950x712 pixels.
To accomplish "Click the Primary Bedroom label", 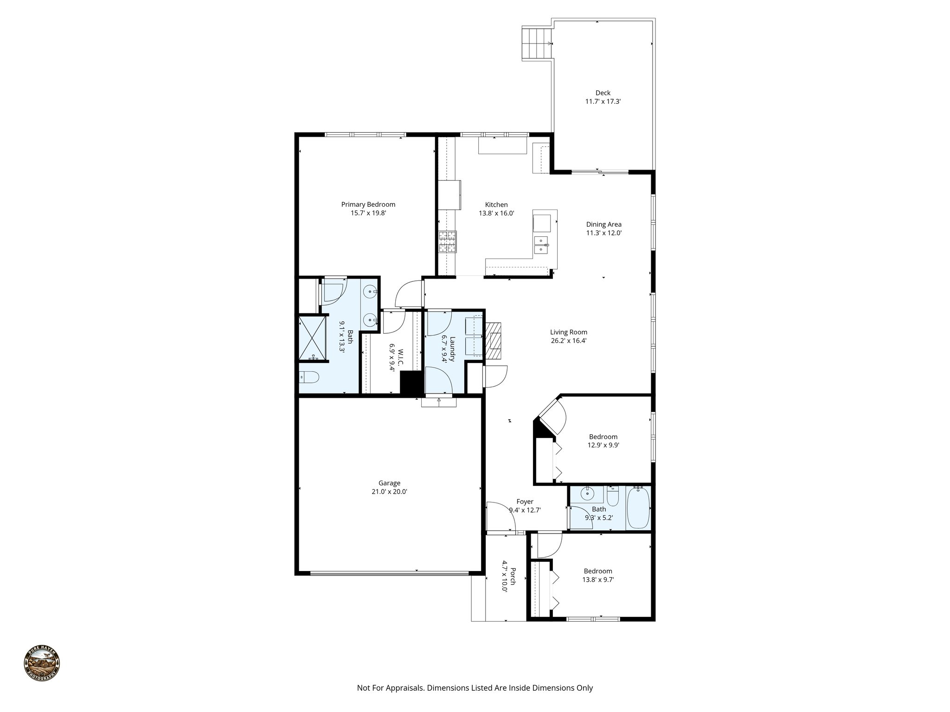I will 368,204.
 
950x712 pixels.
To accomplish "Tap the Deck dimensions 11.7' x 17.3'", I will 603,101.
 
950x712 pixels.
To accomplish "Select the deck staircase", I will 537,44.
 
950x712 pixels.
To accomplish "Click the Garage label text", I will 389,483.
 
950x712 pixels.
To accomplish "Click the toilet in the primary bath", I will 308,378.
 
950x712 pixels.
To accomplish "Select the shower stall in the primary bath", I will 314,338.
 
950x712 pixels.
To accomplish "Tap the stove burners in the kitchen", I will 448,242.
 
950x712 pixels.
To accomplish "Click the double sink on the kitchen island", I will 541,245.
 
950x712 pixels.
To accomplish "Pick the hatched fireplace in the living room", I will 494,341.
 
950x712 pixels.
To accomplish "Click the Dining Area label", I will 603,224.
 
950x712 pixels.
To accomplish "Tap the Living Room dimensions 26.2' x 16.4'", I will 568,340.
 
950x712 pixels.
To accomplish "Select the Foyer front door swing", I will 502,515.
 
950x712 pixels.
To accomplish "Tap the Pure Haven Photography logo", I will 42,664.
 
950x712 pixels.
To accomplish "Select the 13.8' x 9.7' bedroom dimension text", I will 598,579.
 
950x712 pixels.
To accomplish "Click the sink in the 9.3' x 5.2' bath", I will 587,494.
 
